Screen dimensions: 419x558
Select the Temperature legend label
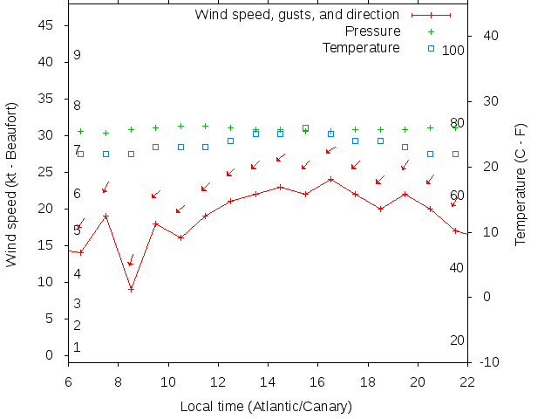[361, 47]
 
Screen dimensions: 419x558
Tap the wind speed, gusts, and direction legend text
[296, 15]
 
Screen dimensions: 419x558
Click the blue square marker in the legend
[431, 48]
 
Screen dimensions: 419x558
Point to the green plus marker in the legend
[431, 31]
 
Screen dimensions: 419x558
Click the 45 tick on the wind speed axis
[47, 26]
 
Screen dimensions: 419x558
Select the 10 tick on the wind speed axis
[47, 282]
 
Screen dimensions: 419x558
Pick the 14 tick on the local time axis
[268, 381]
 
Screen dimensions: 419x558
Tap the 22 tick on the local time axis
[467, 381]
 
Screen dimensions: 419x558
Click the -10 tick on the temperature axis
[489, 362]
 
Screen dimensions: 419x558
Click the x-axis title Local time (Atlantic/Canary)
[266, 407]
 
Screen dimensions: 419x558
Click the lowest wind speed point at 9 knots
[131, 289]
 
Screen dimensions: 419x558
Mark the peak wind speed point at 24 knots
[330, 180]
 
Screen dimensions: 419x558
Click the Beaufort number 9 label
[77, 55]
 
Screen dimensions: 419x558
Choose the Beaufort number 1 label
[77, 347]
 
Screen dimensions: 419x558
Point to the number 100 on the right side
[453, 51]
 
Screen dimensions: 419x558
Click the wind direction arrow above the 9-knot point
[131, 260]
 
